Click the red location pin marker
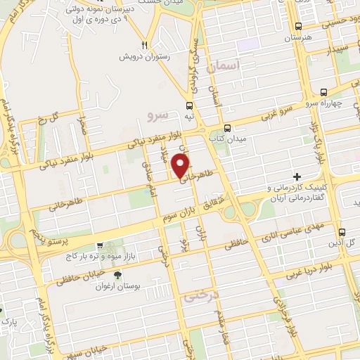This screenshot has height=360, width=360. pos(181,166)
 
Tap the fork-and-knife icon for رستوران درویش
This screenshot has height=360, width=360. pos(143,41)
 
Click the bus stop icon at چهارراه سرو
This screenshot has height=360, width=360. pos(323,92)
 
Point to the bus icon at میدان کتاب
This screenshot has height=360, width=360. pos(226,129)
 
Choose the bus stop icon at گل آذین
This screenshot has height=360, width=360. pos(341,231)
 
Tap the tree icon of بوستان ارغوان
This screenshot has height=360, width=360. pos(117,275)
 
